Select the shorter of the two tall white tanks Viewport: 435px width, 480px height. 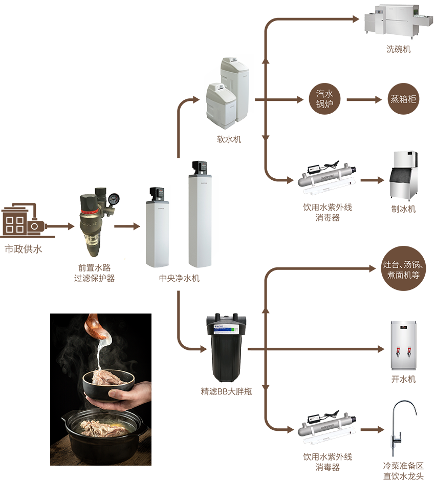tap(157, 231)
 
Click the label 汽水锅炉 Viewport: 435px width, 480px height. tap(324, 99)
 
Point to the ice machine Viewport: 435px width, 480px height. tap(404, 172)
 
